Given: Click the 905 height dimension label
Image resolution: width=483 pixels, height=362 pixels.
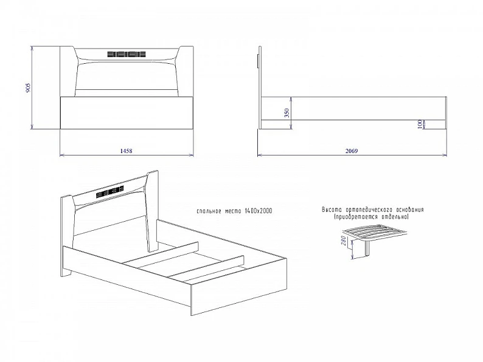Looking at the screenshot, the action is [29, 87].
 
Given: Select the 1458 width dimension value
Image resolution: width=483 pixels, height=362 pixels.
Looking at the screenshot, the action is [127, 151].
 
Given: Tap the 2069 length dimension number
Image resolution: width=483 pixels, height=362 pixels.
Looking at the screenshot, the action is [352, 151].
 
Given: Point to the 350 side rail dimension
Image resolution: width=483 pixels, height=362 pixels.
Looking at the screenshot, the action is [287, 113].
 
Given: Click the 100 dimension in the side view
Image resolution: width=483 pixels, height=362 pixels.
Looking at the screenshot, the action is [420, 125].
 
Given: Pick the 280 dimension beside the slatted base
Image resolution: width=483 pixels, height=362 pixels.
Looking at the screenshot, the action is [343, 241].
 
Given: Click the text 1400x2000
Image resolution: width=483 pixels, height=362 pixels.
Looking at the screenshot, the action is [259, 211].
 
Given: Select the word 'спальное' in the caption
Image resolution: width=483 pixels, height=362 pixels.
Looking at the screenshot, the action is [209, 211].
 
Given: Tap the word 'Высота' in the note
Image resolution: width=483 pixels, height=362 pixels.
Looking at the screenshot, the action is [332, 210].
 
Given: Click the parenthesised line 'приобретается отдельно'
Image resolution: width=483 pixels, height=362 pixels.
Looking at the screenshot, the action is [372, 217].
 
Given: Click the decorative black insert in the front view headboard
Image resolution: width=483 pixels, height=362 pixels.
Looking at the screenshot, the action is [127, 55].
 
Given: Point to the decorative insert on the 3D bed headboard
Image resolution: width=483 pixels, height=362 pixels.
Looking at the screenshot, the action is [109, 191].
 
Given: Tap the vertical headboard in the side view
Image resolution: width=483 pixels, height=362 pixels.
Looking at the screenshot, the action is [260, 87].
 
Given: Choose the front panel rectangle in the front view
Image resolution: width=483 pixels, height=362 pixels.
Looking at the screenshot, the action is [127, 113].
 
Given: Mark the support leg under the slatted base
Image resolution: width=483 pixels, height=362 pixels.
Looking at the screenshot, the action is [367, 248].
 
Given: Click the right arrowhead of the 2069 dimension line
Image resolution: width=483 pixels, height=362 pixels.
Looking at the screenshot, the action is [445, 155].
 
